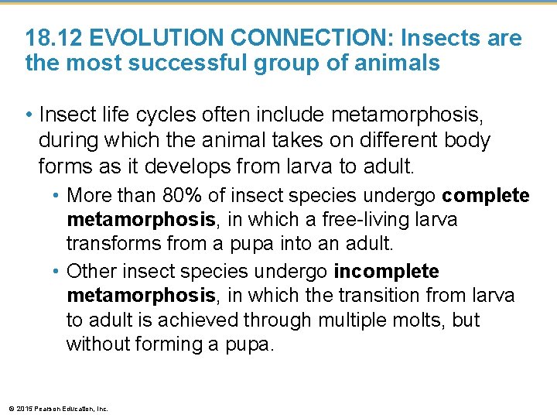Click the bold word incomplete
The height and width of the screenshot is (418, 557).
point(386,272)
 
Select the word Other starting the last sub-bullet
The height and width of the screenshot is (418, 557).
point(90,272)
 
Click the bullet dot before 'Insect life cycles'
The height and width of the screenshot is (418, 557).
point(29,116)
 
